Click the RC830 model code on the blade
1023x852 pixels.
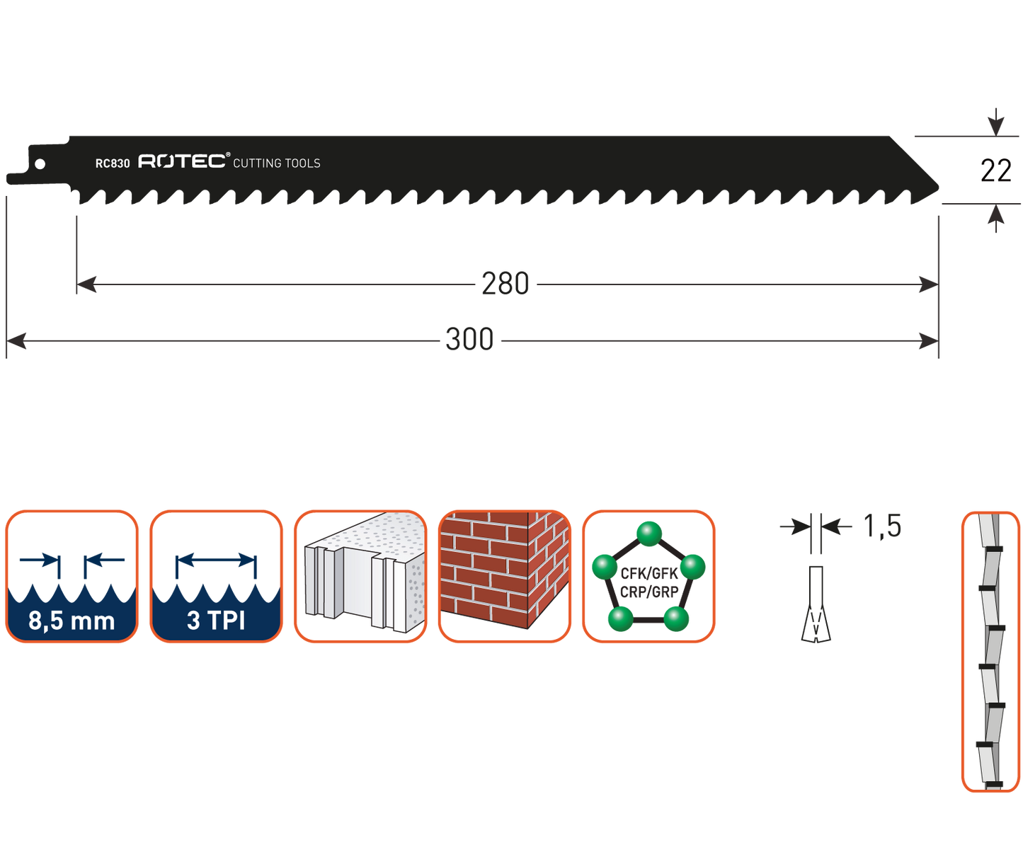point(113,163)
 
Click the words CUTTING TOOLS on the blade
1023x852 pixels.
point(276,163)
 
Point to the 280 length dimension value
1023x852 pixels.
point(505,284)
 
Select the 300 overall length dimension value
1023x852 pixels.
point(469,340)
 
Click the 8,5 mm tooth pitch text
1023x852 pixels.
point(72,621)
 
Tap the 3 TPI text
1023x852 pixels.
point(216,621)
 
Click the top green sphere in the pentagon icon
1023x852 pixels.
point(648,533)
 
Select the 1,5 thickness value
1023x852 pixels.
point(882,526)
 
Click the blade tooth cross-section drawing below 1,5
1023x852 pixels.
point(816,605)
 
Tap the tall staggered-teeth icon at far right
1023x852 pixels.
point(990,651)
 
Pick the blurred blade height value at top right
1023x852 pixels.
point(996,171)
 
